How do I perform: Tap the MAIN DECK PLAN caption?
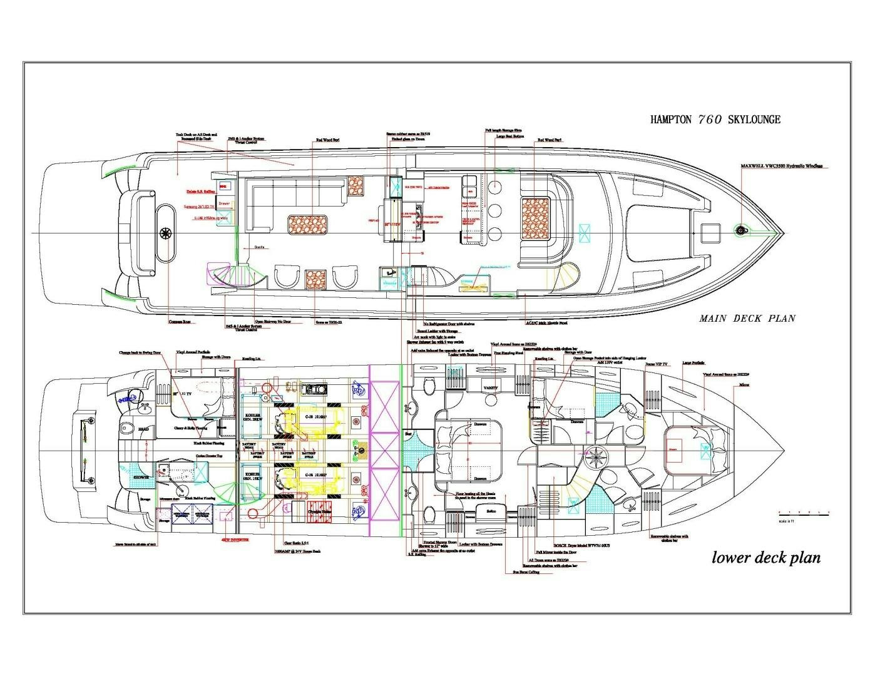click(x=747, y=319)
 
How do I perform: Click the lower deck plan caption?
click(x=765, y=557)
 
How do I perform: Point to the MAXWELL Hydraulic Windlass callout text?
click(x=781, y=166)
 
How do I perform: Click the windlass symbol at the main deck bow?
click(x=742, y=231)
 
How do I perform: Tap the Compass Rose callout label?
click(x=179, y=322)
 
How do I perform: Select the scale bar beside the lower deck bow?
click(x=803, y=513)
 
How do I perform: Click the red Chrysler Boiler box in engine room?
click(x=316, y=511)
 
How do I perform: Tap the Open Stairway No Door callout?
click(x=275, y=321)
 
